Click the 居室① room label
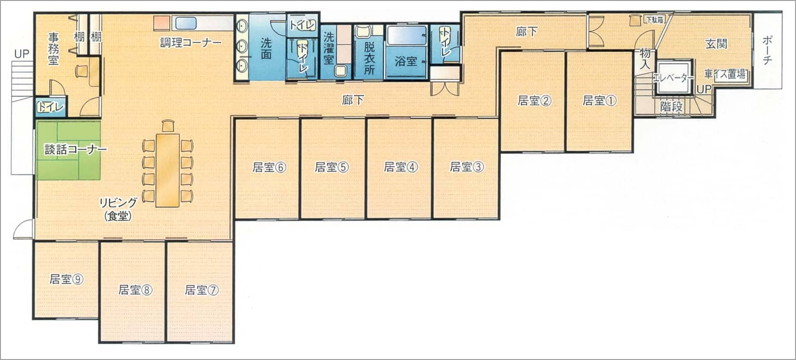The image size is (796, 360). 599,101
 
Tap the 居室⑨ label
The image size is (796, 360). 67,279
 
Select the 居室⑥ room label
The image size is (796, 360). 269,167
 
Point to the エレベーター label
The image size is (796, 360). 674,78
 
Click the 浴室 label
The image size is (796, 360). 406,61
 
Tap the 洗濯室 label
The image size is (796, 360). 329,48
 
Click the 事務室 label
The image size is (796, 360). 53,49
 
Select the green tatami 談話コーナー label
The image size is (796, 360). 76,149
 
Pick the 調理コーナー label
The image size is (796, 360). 191,43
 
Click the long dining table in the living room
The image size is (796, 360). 167,170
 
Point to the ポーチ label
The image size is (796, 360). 767,50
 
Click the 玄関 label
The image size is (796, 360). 717,43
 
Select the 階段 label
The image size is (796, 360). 672,106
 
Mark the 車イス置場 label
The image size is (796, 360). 725,74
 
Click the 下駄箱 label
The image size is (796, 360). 655,20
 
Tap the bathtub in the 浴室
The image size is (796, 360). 407,35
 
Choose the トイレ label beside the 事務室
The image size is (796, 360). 51,107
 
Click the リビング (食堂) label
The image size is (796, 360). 118,209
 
